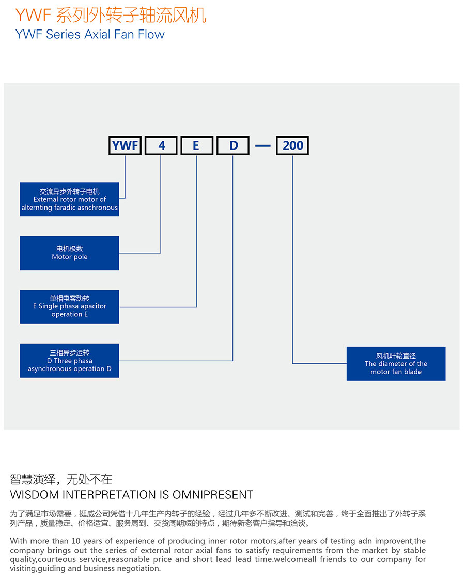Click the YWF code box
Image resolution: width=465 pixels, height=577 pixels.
tap(125, 145)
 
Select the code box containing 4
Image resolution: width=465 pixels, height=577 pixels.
tap(161, 145)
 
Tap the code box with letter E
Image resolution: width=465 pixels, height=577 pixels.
tap(197, 145)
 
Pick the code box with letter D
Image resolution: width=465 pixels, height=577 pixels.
tap(233, 145)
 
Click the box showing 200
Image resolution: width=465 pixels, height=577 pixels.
tap(292, 145)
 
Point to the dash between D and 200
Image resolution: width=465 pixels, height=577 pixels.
tap(262, 146)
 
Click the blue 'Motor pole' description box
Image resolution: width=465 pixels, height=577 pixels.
tap(69, 253)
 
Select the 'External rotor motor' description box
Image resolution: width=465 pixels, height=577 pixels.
tap(69, 199)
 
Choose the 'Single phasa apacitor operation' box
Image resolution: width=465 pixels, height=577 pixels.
tap(69, 306)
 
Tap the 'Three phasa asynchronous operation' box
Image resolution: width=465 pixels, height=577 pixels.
tap(69, 360)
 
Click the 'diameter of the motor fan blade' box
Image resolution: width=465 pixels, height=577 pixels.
tap(396, 364)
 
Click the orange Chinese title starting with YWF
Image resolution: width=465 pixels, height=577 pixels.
tap(111, 15)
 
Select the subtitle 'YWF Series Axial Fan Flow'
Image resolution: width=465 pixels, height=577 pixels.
tap(90, 34)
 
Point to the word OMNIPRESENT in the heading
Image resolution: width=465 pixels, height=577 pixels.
tap(213, 495)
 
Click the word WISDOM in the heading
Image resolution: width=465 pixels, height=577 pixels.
tap(35, 495)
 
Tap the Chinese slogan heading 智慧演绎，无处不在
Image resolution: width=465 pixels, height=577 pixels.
tap(61, 479)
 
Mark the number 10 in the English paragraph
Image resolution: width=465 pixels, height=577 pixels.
tap(75, 541)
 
